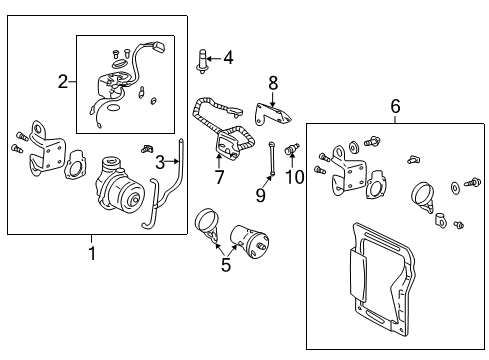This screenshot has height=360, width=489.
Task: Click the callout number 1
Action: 91,253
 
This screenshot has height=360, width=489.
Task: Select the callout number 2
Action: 62,82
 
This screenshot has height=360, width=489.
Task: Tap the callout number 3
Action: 159,162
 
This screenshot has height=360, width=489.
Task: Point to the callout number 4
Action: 228,58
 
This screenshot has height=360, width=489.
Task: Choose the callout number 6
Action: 395,105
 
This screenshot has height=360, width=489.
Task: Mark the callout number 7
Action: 219,177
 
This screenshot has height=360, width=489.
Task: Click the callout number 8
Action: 272,83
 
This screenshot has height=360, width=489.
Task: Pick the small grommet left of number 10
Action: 293,151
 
